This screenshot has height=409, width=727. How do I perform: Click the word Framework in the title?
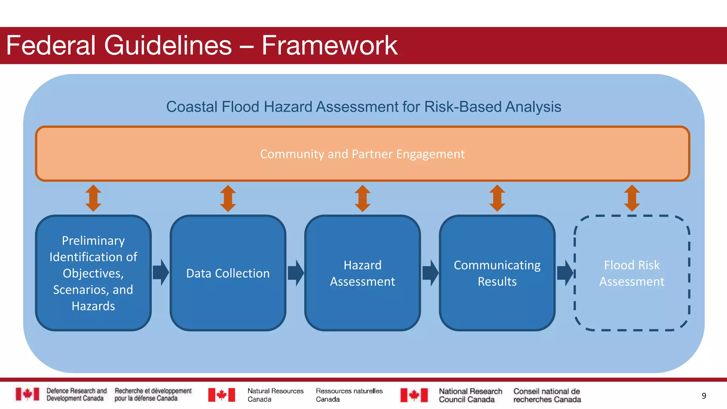click(x=329, y=45)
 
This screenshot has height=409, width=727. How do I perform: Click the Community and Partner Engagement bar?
click(x=362, y=154)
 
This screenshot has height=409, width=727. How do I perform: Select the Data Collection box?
click(x=228, y=273)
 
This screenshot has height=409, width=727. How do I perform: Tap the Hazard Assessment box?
click(x=362, y=273)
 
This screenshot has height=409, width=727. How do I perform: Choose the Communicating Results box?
click(x=497, y=273)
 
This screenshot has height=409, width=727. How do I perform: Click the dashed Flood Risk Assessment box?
click(x=632, y=273)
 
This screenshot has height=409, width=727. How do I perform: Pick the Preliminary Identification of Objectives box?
click(x=93, y=273)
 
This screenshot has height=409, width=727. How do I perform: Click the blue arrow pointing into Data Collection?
click(x=161, y=272)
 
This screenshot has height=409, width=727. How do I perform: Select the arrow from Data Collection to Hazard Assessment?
click(x=296, y=273)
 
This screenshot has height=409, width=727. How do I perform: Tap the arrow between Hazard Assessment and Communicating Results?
click(x=430, y=273)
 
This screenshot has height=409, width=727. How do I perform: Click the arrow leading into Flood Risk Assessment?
click(x=565, y=273)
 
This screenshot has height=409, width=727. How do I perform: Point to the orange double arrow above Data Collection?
click(x=228, y=198)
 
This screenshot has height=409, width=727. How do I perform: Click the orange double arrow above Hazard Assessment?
click(x=362, y=198)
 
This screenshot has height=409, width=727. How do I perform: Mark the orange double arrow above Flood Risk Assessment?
click(x=632, y=198)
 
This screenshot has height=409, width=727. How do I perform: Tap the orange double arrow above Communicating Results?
click(x=497, y=198)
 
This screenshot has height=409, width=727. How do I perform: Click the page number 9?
click(x=704, y=396)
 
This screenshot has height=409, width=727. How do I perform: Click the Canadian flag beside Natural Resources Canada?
click(x=222, y=395)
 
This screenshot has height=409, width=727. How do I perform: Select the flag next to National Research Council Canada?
click(x=414, y=395)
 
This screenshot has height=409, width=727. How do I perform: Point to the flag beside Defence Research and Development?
click(x=27, y=394)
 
